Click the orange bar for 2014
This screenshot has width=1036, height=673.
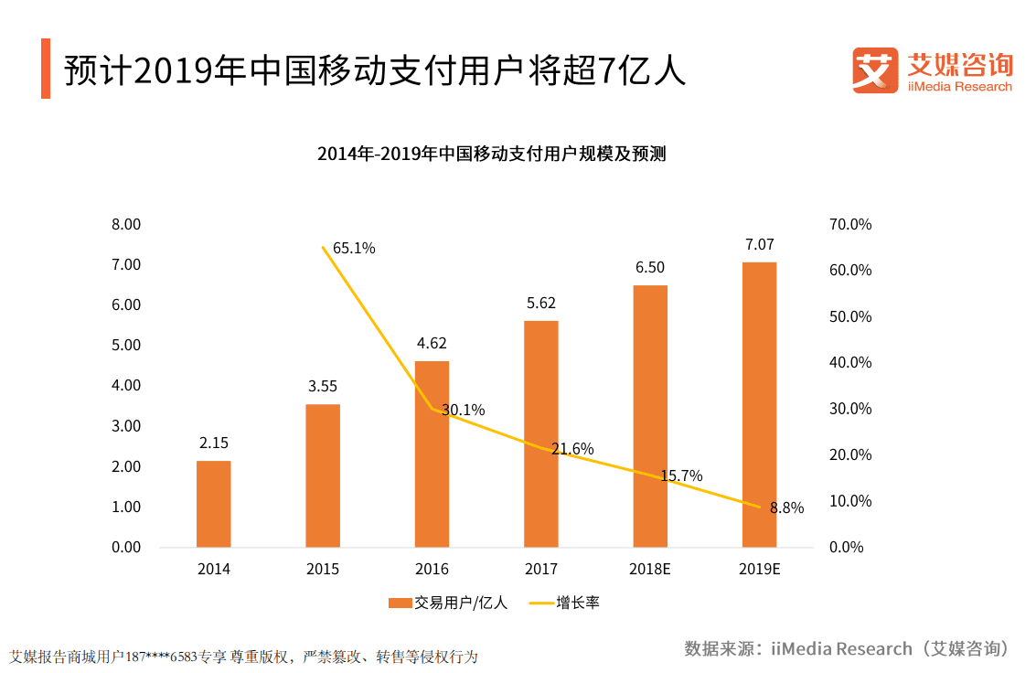(213, 503)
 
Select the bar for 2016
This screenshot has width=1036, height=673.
(432, 454)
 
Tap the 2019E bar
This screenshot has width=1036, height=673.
(759, 404)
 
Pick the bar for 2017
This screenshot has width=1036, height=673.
(540, 433)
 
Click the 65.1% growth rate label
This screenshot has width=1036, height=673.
(354, 248)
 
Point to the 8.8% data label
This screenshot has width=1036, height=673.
(786, 508)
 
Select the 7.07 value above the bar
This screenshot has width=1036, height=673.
(759, 244)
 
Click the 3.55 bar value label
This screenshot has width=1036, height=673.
(323, 386)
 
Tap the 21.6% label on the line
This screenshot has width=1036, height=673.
(572, 449)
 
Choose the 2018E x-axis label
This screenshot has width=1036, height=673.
(650, 569)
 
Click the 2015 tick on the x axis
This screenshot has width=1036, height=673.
(323, 569)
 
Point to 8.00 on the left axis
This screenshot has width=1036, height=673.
(126, 224)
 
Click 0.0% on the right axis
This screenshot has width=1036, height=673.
(847, 547)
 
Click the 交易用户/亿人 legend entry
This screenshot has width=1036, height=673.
(447, 603)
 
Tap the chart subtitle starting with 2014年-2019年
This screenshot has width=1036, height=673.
(491, 154)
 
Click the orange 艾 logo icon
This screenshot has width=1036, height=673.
(875, 70)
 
